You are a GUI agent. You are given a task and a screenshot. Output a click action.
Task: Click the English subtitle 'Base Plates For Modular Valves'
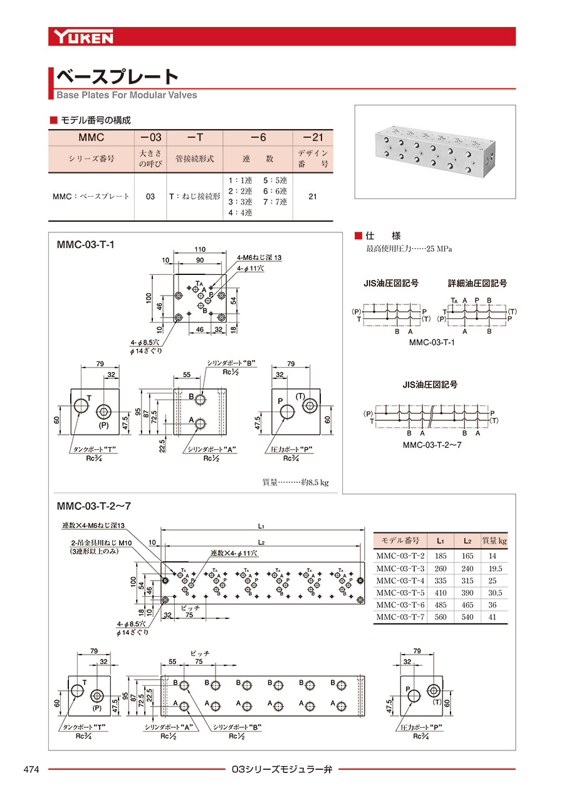(127, 95)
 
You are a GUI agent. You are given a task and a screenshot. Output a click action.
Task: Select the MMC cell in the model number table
(91, 137)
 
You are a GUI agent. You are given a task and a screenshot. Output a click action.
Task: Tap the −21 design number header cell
(313, 137)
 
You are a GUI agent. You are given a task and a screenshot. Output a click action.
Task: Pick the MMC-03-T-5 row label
(400, 593)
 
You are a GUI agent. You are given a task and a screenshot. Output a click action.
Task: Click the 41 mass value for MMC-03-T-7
(493, 617)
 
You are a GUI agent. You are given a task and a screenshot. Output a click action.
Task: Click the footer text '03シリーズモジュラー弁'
(281, 769)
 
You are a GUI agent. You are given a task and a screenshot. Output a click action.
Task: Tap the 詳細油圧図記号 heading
(478, 284)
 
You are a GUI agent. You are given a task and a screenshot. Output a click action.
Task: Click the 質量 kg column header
(494, 540)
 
